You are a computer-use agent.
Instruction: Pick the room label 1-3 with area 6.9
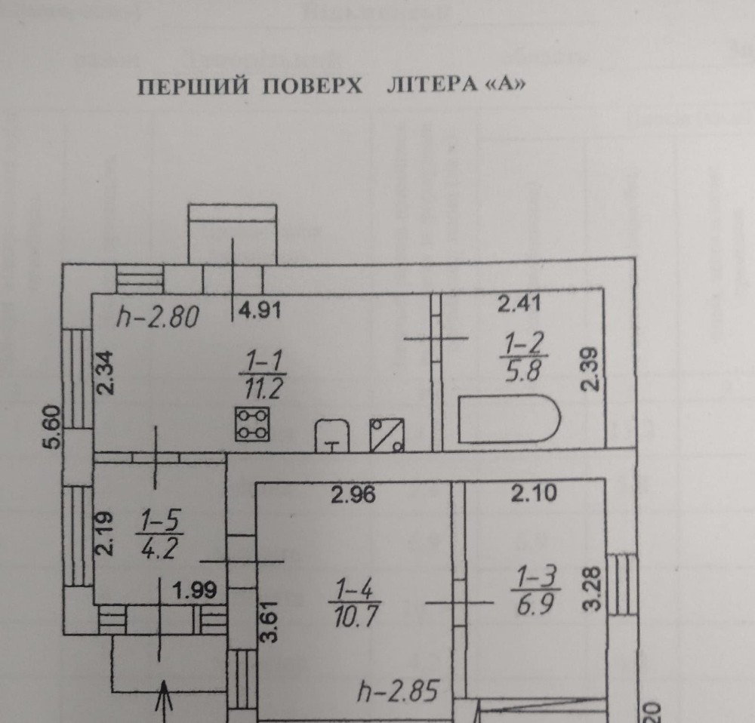click(x=535, y=590)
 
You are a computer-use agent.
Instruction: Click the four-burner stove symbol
click(x=253, y=424)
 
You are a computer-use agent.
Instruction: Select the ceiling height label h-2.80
click(x=157, y=318)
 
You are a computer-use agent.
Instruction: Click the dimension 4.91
click(x=260, y=309)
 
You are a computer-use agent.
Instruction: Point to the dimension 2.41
click(x=521, y=305)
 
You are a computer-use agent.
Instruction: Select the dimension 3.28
click(x=595, y=583)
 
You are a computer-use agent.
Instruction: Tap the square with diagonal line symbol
click(x=387, y=435)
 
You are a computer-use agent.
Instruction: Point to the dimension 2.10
click(x=534, y=494)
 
